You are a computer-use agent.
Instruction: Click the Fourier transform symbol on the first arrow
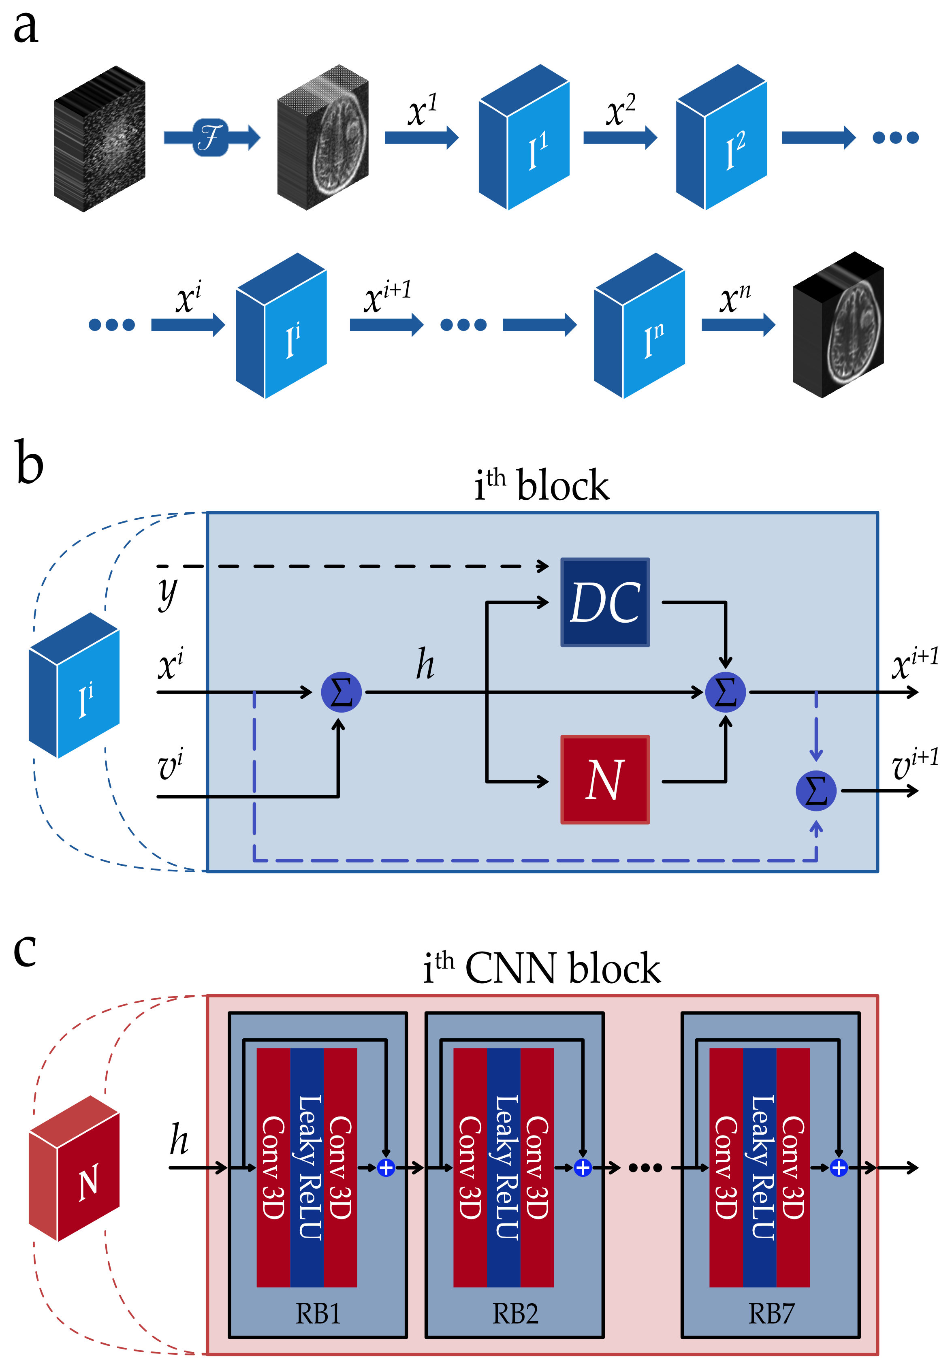pyautogui.click(x=210, y=138)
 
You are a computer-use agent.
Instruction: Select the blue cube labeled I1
pyautogui.click(x=524, y=138)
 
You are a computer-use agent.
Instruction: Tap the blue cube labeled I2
pyautogui.click(x=721, y=138)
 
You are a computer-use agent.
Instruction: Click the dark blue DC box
pyautogui.click(x=605, y=602)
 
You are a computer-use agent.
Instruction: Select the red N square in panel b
pyautogui.click(x=605, y=779)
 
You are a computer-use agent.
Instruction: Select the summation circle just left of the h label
pyautogui.click(x=341, y=692)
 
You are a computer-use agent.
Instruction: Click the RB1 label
pyautogui.click(x=318, y=1313)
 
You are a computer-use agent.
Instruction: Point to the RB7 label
pyautogui.click(x=771, y=1313)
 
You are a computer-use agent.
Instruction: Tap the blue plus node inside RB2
pyautogui.click(x=583, y=1168)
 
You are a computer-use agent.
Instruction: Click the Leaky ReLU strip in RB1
pyautogui.click(x=307, y=1168)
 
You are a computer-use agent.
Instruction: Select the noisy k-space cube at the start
pyautogui.click(x=100, y=139)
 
